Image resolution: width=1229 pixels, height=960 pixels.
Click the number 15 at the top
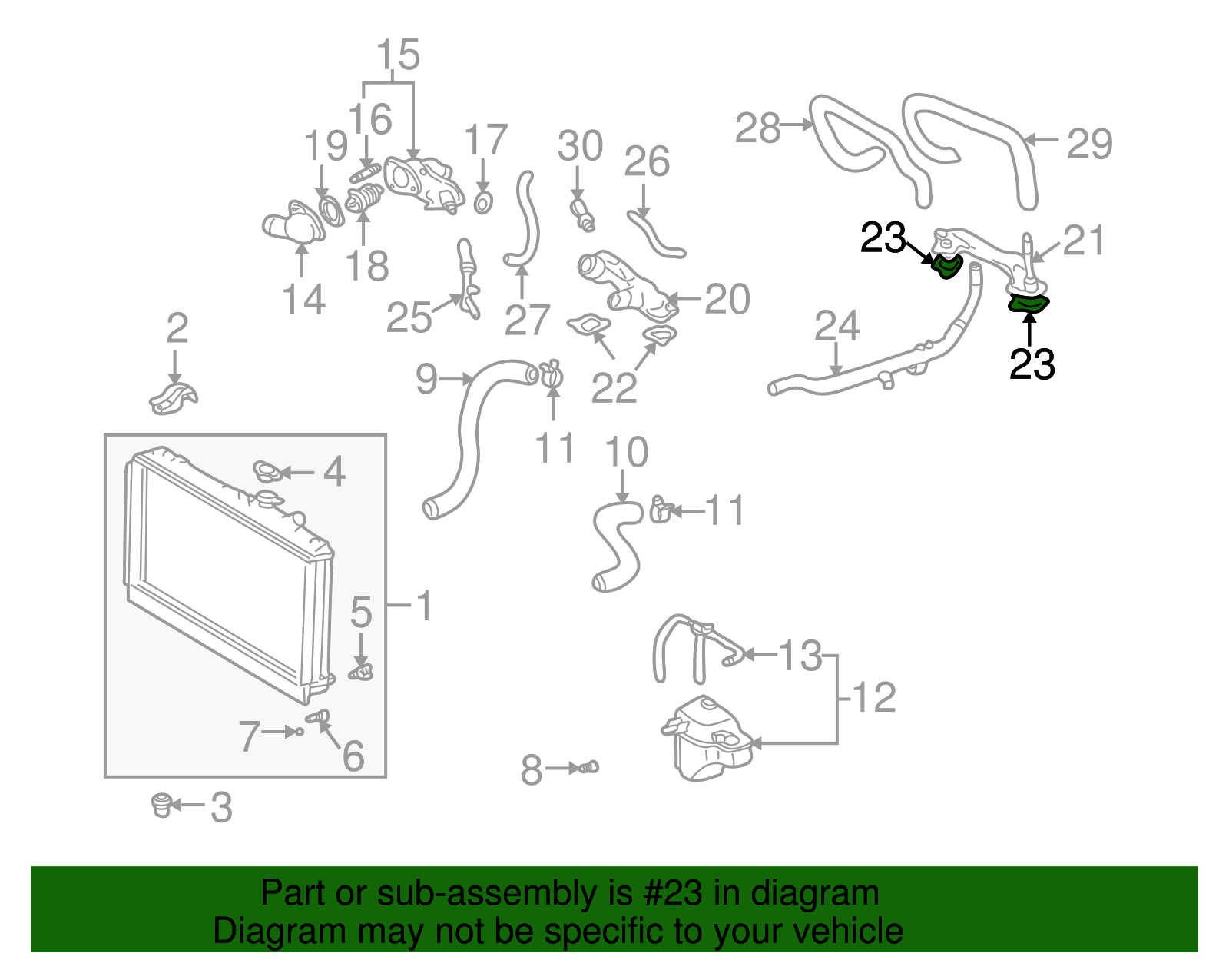(x=398, y=55)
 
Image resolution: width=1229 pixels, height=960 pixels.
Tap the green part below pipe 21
(x=1028, y=304)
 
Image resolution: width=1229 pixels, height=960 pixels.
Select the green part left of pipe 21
(x=946, y=267)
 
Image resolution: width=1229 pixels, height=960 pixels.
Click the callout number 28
(x=757, y=128)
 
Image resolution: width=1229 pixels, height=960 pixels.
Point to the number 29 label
(x=1089, y=144)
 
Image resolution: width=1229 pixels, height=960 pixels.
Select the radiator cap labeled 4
(x=266, y=471)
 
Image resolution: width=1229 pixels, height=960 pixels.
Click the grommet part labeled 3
(x=161, y=805)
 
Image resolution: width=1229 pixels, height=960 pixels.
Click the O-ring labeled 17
(x=482, y=204)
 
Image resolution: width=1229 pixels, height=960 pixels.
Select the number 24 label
(x=836, y=326)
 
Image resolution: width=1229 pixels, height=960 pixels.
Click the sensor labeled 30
(x=582, y=214)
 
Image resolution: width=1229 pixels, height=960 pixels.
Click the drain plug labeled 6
(x=318, y=717)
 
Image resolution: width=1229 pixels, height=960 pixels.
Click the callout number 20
(x=727, y=299)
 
